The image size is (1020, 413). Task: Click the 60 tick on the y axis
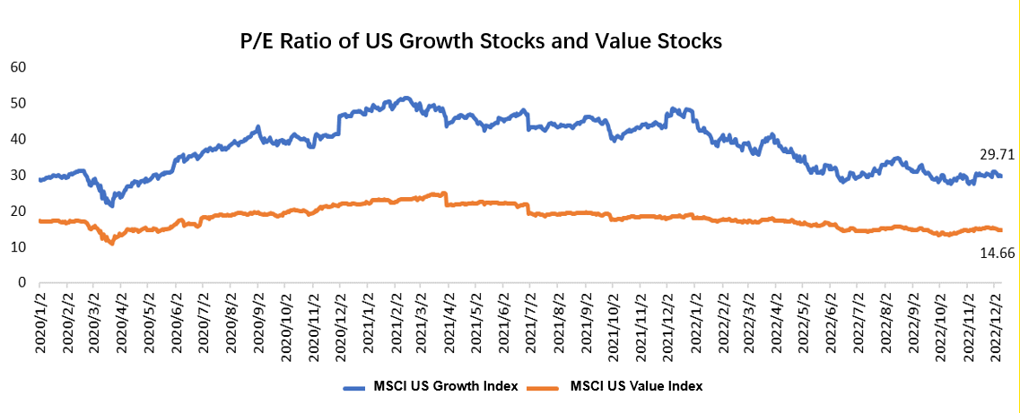click(17, 67)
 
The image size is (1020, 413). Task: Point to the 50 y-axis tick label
click(17, 103)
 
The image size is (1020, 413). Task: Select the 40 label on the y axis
click(17, 139)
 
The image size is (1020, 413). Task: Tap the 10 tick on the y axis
click(17, 246)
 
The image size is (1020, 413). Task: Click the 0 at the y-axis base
click(21, 282)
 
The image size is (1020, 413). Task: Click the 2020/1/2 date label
click(40, 324)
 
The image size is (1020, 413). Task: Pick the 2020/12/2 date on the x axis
click(342, 324)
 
